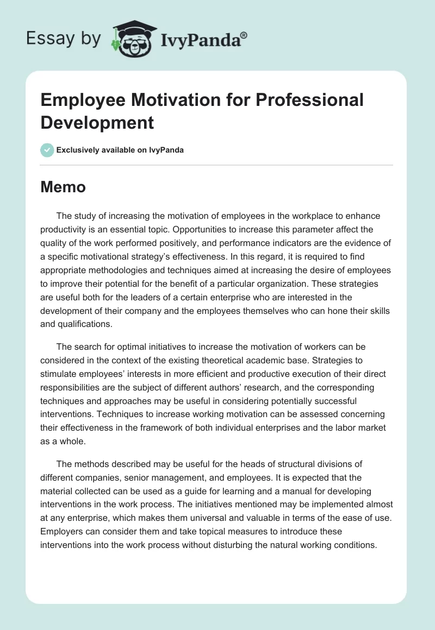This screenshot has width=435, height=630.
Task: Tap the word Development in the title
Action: [97, 122]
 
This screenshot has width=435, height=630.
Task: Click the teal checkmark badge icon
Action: [47, 150]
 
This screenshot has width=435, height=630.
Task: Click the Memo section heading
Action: [63, 187]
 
